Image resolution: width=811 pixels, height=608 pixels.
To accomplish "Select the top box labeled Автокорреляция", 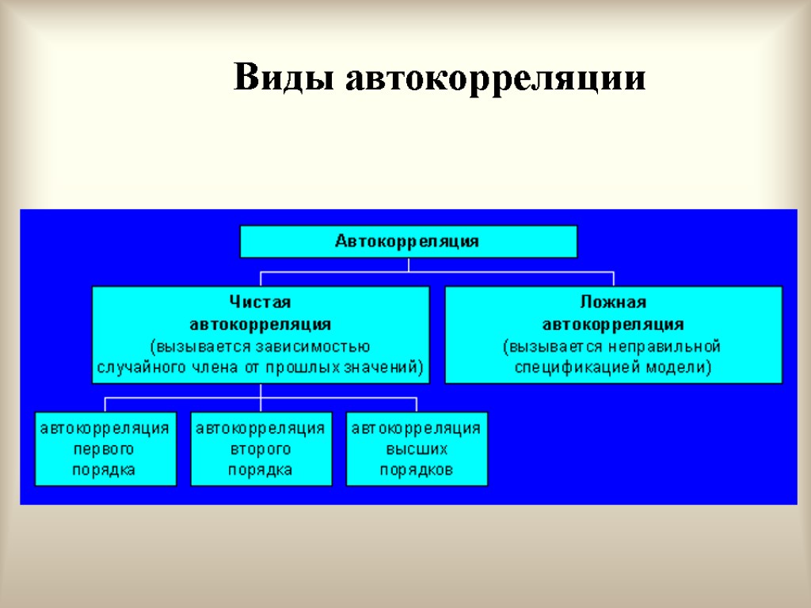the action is (x=409, y=241).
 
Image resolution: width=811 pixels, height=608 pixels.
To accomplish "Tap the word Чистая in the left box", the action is (x=261, y=302).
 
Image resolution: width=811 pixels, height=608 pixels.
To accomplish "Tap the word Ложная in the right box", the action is (x=613, y=302).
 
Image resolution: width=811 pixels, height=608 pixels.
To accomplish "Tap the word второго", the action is (x=261, y=450).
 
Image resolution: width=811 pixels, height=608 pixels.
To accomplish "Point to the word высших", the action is (x=417, y=450).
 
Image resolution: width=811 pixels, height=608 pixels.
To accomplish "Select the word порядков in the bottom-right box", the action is (x=417, y=470).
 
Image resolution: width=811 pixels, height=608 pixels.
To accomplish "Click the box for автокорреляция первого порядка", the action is (x=105, y=448).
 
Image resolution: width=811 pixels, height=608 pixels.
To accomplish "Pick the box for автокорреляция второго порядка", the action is (x=261, y=448).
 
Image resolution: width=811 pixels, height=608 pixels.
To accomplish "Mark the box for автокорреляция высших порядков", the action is (x=417, y=448).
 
